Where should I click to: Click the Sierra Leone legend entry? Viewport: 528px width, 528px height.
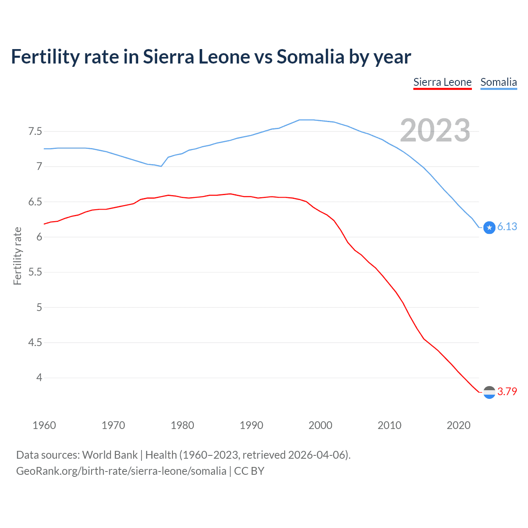point(442,82)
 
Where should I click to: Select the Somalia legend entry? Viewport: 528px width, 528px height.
point(498,82)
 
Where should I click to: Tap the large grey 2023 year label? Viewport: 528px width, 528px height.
point(435,130)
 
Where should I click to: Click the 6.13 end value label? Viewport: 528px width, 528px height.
point(507,226)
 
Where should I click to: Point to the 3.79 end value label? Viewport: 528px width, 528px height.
point(507,391)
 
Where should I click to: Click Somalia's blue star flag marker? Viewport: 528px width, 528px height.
point(489,227)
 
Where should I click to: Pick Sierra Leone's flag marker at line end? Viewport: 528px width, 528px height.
point(489,392)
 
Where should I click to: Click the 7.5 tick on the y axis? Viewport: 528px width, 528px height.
point(35,132)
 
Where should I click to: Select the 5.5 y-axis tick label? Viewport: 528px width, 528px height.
point(35,272)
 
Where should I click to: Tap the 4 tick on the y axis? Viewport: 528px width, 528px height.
point(39,378)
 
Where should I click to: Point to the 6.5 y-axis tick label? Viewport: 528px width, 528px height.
point(35,202)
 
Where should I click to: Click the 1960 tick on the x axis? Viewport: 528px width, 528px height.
point(44,425)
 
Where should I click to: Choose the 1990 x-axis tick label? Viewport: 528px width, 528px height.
point(251,425)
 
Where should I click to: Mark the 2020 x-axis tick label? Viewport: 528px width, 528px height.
point(458,425)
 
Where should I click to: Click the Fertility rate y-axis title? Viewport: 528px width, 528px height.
point(17,256)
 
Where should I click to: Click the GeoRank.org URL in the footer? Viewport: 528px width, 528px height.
point(121,471)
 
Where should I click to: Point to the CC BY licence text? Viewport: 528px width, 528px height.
point(249,471)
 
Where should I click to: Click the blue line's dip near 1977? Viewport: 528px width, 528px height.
point(161,166)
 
